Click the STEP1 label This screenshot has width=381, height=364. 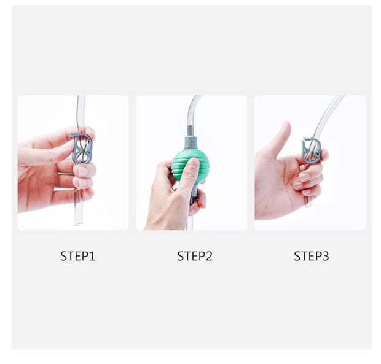[x=78, y=256]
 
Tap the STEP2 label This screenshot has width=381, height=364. [x=195, y=256]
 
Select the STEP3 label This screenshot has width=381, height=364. [x=312, y=256]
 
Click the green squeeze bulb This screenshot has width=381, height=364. [x=190, y=168]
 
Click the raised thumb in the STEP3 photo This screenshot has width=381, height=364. [x=282, y=138]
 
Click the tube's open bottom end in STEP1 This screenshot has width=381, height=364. [x=79, y=223]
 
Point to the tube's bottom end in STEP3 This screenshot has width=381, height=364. [x=308, y=205]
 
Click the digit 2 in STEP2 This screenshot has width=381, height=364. [x=209, y=256]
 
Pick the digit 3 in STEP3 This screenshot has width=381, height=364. [x=325, y=256]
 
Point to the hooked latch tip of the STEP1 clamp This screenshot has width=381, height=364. [x=70, y=134]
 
